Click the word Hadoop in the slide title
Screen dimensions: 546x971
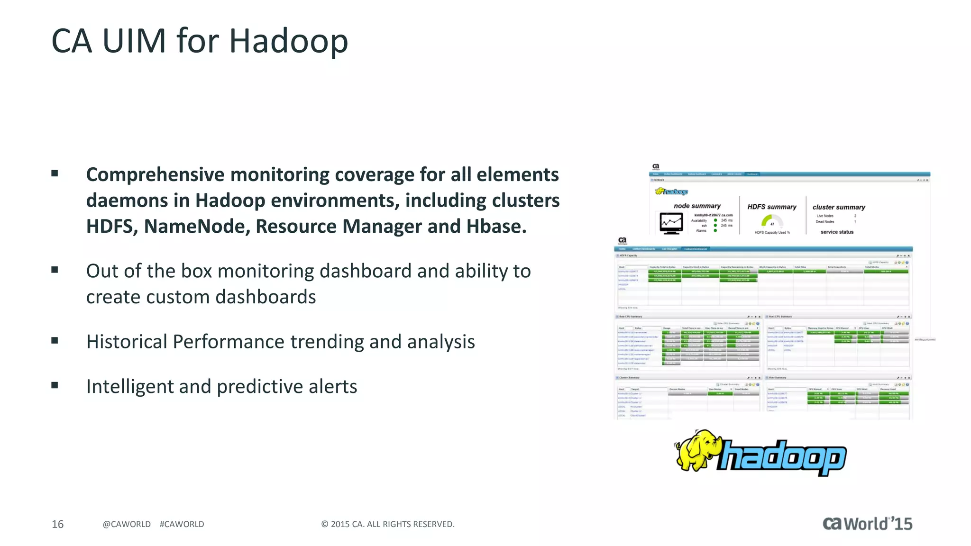point(288,41)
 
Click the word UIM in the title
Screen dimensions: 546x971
point(134,41)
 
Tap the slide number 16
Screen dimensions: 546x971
point(57,524)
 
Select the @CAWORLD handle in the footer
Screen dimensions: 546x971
point(127,524)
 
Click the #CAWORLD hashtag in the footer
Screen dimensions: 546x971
point(182,524)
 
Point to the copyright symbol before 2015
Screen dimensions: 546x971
point(325,524)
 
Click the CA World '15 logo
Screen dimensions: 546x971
point(867,524)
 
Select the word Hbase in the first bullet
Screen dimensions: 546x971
point(496,227)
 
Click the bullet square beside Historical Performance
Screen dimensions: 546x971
point(55,340)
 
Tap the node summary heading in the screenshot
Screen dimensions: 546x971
point(697,206)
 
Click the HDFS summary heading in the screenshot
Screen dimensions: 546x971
point(772,207)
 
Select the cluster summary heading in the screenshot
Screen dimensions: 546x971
point(839,207)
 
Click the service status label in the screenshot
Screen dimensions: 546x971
point(837,232)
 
